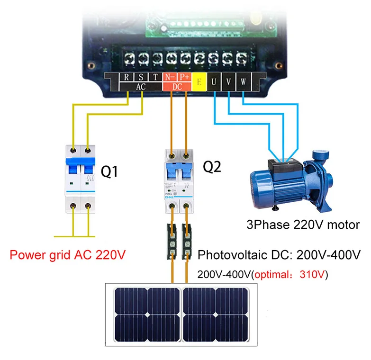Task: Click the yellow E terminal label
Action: coord(199,82)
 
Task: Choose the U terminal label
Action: coord(215,82)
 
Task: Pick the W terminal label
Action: coord(243,82)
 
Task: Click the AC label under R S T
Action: coord(141,87)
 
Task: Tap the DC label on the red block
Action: coord(178,87)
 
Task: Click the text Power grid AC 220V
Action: coord(68,256)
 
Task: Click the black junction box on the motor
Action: coord(284,164)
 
